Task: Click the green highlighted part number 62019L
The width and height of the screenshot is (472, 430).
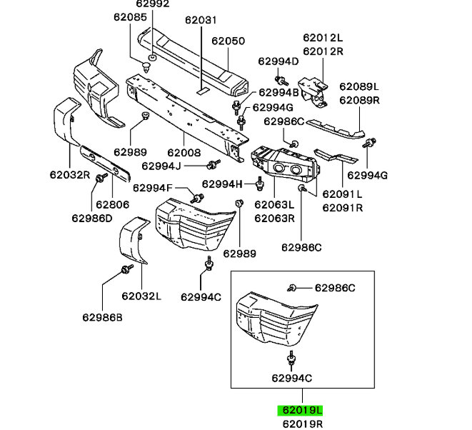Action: [x=301, y=411]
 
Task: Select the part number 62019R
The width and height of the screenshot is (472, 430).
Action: [x=301, y=424]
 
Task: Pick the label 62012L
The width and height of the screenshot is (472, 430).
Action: [x=323, y=38]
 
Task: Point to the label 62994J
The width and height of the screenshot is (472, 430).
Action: [x=161, y=166]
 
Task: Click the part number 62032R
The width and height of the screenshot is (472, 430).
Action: [x=69, y=174]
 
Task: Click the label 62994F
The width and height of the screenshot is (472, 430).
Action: [x=152, y=189]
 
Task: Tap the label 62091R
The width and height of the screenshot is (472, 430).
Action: [x=342, y=208]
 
